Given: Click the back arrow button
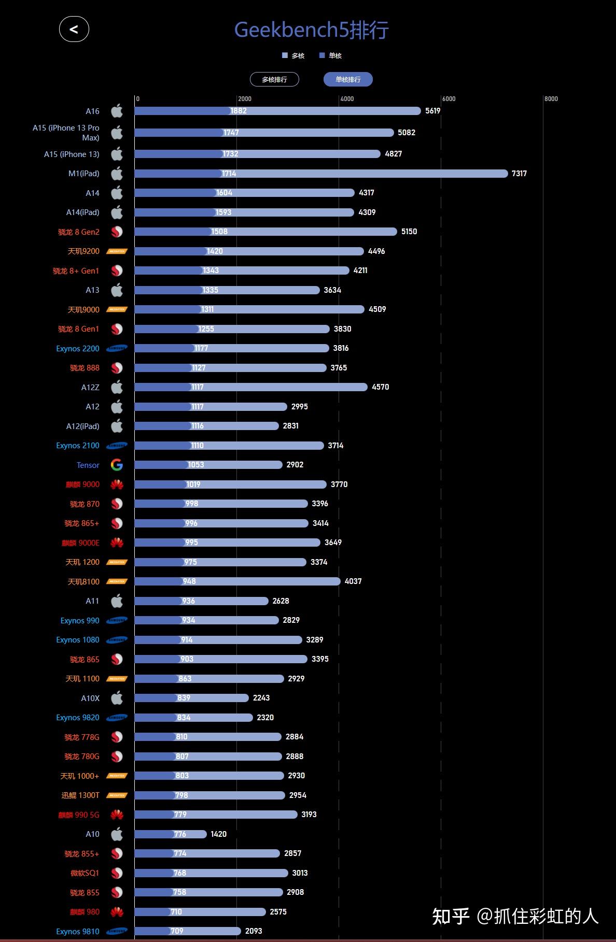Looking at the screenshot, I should click(x=74, y=30).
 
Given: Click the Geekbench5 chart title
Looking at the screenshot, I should click(x=311, y=30).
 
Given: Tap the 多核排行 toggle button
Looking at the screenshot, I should click(x=274, y=79).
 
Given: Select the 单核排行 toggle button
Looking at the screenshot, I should click(x=348, y=79).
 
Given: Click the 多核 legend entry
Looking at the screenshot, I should click(x=293, y=56).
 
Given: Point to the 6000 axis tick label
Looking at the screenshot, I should click(x=449, y=99).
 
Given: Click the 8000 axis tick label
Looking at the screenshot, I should click(x=551, y=99).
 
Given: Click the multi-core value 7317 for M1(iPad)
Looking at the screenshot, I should click(x=519, y=174).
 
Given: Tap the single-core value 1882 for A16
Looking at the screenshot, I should click(x=239, y=111).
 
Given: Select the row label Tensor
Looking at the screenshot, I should click(x=88, y=465).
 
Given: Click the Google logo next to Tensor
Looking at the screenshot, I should click(x=117, y=465).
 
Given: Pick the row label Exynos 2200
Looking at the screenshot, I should click(x=78, y=349).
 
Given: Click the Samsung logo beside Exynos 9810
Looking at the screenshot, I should click(x=117, y=931).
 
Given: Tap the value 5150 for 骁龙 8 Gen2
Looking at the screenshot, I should click(x=409, y=232).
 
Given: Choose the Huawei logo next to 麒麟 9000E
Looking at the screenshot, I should click(x=117, y=543).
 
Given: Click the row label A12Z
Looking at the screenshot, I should click(x=90, y=388).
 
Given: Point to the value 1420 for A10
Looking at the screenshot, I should click(x=218, y=834).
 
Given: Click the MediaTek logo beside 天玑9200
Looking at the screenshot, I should click(x=117, y=251).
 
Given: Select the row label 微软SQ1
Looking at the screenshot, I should click(x=85, y=873).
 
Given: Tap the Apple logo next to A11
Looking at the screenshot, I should click(x=117, y=601).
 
